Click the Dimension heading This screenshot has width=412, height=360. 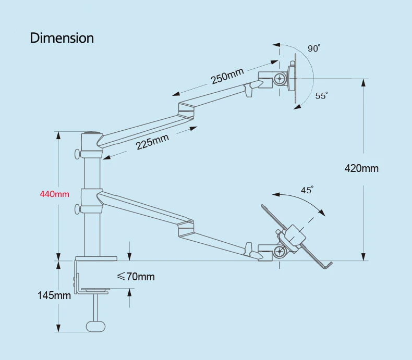(x=62, y=38)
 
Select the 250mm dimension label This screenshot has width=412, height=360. (x=227, y=77)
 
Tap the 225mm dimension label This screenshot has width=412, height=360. (x=152, y=141)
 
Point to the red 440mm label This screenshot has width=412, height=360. (x=55, y=194)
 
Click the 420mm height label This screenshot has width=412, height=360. (x=361, y=168)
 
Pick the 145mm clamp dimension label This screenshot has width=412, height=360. (x=54, y=295)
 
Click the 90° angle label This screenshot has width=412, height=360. (x=314, y=48)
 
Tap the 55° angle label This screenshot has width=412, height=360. (x=321, y=96)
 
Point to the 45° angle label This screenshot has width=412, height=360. (x=307, y=190)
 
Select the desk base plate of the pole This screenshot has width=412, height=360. (x=96, y=258)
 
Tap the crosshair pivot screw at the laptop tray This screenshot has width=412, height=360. (x=281, y=252)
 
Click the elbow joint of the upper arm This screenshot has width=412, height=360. (x=187, y=111)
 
